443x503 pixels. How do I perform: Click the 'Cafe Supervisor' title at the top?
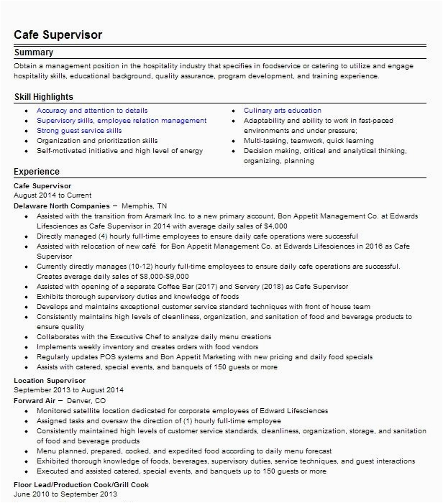(x=60, y=34)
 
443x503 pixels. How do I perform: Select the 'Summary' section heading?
(x=34, y=53)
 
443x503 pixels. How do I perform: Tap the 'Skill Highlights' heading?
(x=44, y=97)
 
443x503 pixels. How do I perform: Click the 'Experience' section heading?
(x=37, y=172)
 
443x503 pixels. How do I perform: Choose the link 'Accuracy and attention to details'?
(x=92, y=111)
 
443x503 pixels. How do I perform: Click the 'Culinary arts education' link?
(x=283, y=111)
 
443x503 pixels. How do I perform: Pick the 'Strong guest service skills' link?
(x=79, y=131)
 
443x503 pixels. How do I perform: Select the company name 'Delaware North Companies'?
(x=61, y=205)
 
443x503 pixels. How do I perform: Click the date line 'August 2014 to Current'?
(x=52, y=195)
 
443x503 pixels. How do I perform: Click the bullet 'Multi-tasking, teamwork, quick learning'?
(x=298, y=142)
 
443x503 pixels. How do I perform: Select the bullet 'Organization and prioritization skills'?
(x=97, y=142)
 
